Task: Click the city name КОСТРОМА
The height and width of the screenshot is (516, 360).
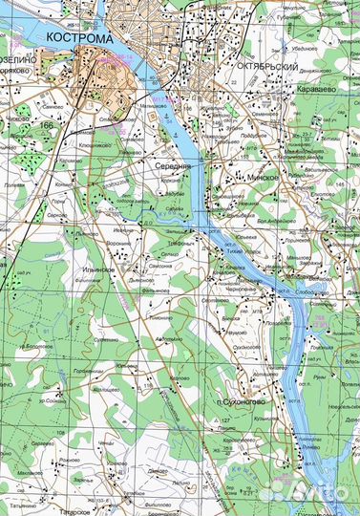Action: [79, 38]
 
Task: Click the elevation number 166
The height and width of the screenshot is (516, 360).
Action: [47, 125]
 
